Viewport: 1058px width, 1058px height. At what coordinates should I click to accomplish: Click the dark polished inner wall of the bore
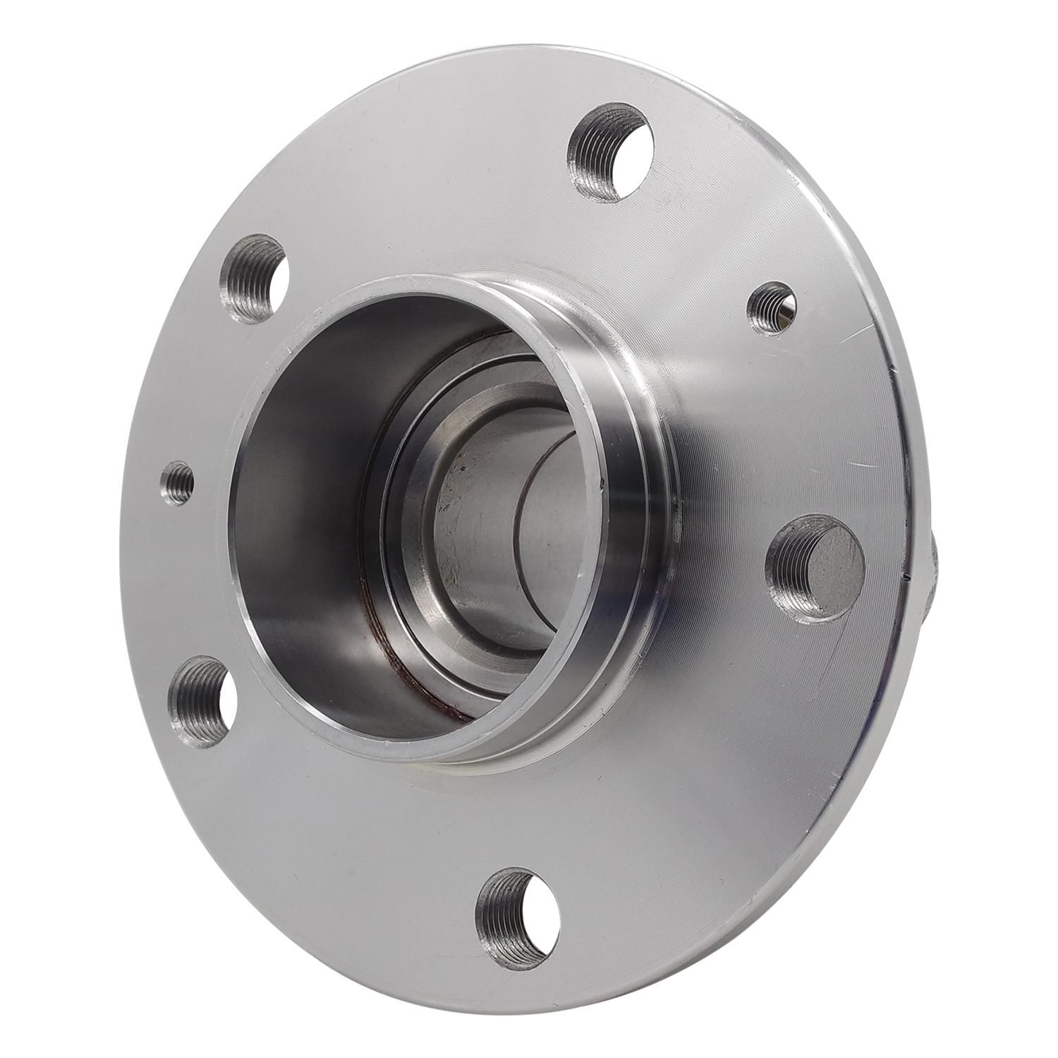pyautogui.click(x=296, y=494)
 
